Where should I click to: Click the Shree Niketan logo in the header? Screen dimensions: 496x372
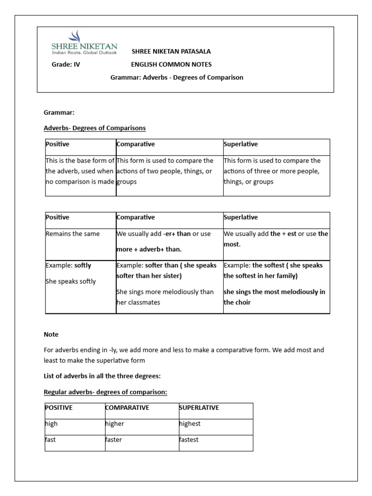tap(83, 43)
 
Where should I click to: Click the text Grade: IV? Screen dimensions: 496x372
tap(65, 64)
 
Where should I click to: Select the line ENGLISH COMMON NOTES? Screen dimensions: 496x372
tap(171, 64)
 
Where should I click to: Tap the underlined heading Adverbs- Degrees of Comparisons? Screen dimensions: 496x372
tap(94, 128)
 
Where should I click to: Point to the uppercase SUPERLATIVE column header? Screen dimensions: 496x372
tap(199, 408)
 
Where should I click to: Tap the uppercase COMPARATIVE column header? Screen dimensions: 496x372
tap(127, 408)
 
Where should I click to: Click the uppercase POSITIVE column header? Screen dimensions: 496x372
tap(59, 408)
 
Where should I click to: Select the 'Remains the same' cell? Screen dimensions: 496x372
tap(73, 234)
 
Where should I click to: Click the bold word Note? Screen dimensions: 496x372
tap(51, 334)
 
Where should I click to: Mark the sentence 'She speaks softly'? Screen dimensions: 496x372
tap(71, 281)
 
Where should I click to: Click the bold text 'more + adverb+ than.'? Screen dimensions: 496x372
tap(149, 250)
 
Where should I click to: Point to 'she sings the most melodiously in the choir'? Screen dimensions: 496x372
tap(274, 297)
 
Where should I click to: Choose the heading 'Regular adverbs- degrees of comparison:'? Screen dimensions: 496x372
tap(105, 392)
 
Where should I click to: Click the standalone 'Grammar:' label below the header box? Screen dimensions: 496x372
tap(59, 112)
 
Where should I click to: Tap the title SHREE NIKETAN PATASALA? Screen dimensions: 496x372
tap(171, 51)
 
